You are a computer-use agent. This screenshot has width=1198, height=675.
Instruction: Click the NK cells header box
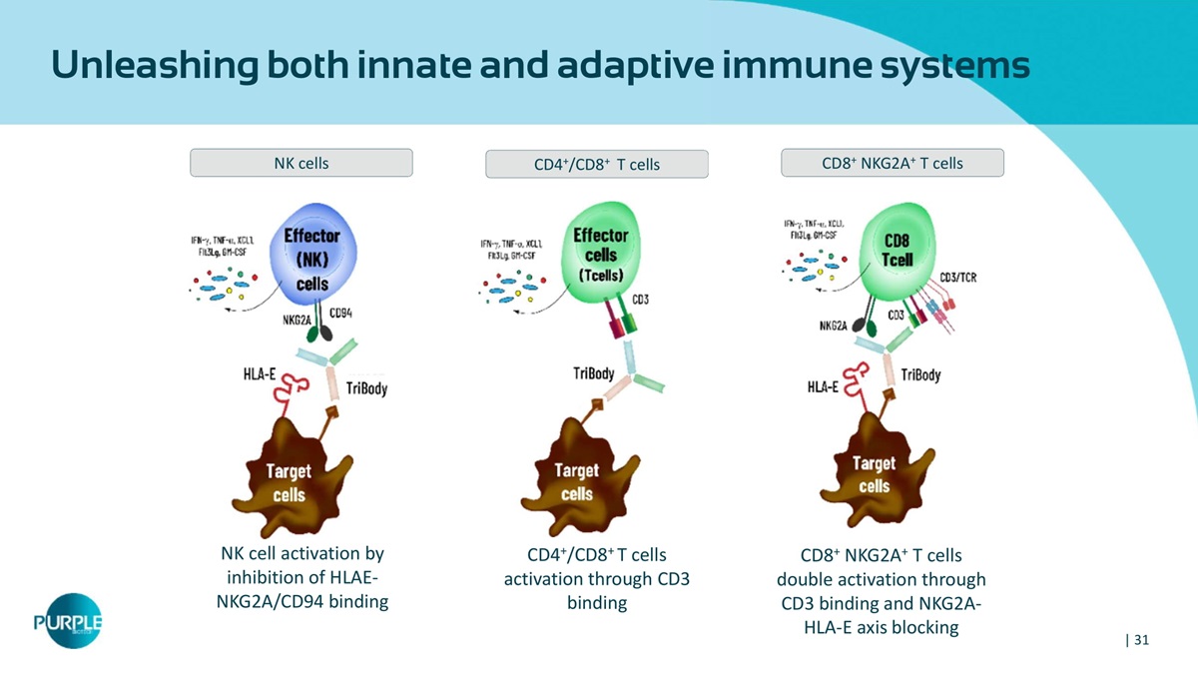[x=300, y=163]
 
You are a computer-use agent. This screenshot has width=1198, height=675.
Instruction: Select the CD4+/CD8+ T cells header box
[x=596, y=164]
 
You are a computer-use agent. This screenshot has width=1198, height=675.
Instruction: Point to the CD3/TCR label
[x=957, y=278]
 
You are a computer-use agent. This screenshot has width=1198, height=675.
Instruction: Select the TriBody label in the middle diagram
[x=593, y=373]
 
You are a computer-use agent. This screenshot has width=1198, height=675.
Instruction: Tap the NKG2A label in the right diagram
[x=834, y=327]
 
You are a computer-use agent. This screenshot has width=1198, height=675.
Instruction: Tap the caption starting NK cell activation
[x=301, y=578]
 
